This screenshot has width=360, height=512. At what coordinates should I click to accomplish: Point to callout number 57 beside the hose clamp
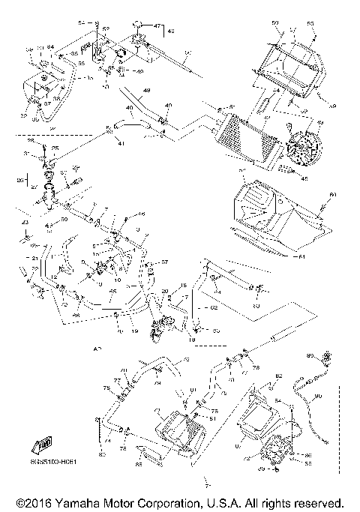(x=166, y=262)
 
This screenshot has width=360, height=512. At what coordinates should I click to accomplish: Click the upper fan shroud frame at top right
(x=292, y=64)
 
